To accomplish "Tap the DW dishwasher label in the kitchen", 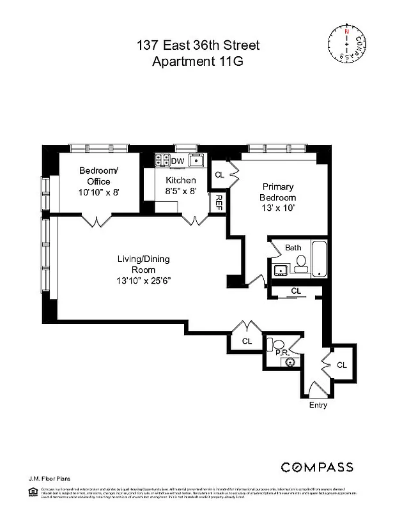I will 178,160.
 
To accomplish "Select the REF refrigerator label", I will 219,202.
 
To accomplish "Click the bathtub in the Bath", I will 320,259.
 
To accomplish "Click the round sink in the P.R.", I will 291,362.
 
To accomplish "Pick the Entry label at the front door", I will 318,405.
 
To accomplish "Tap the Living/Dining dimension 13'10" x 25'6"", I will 144,280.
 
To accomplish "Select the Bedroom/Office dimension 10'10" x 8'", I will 98,192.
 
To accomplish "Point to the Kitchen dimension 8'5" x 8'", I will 181,190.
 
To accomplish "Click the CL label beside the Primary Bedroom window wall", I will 219,174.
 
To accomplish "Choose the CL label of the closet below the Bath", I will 295,291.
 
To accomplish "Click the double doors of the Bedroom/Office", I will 97,221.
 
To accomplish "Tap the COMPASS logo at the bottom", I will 318,466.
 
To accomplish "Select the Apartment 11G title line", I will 197,61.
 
